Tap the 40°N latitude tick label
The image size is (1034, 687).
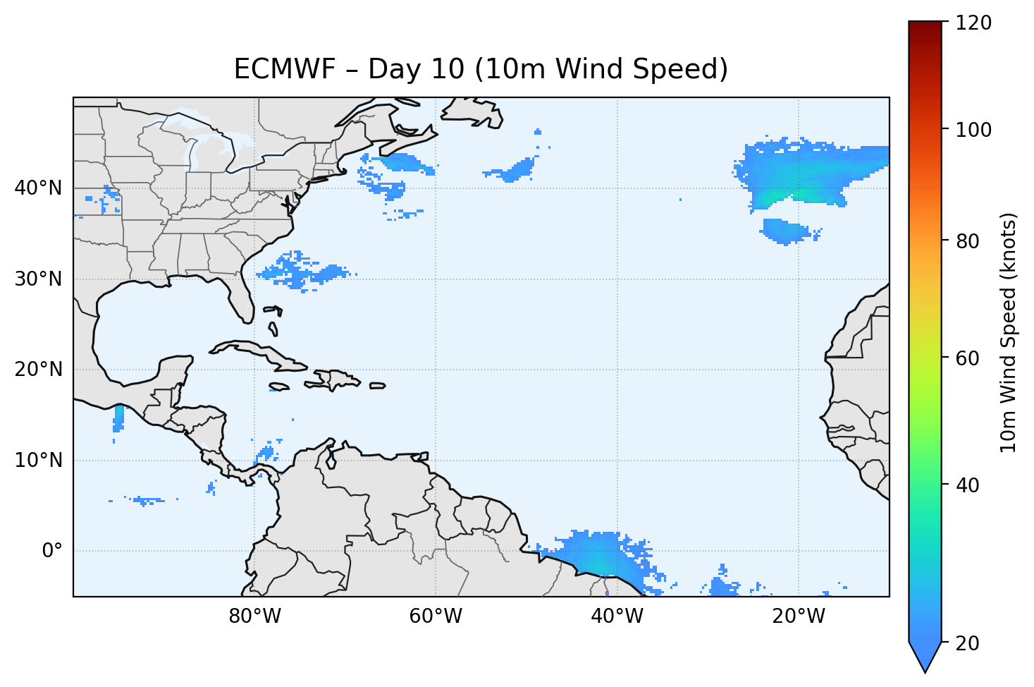click(38, 188)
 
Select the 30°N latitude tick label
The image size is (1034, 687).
click(38, 279)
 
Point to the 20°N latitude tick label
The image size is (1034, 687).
click(38, 370)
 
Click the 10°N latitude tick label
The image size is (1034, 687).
click(38, 461)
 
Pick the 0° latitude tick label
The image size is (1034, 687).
click(51, 551)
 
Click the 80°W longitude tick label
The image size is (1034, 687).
click(254, 616)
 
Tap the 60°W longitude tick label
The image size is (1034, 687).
click(436, 616)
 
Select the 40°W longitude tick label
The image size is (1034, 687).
click(617, 616)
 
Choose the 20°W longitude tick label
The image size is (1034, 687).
click(798, 616)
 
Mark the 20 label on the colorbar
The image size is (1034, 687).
click(967, 643)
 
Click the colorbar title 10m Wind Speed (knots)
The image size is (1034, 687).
click(1009, 332)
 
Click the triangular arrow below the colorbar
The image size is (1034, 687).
click(925, 657)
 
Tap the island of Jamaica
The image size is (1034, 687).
click(280, 387)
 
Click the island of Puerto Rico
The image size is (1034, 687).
click(377, 386)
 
